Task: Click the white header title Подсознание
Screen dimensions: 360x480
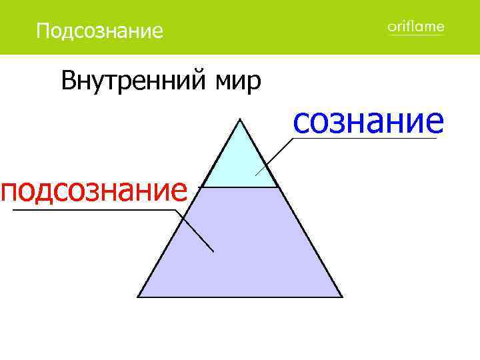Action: pyautogui.click(x=99, y=31)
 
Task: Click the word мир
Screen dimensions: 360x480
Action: pyautogui.click(x=237, y=81)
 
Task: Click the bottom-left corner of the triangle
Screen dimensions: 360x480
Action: pyautogui.click(x=138, y=297)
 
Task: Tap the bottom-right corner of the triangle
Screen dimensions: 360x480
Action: pyautogui.click(x=342, y=297)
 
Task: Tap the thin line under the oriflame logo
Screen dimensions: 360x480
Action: pyautogui.click(x=415, y=35)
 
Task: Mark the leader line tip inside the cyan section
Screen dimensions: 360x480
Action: pyautogui.click(x=256, y=175)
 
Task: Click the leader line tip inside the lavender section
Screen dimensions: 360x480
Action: pyautogui.click(x=213, y=251)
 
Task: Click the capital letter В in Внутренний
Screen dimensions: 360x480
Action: pyautogui.click(x=67, y=81)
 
